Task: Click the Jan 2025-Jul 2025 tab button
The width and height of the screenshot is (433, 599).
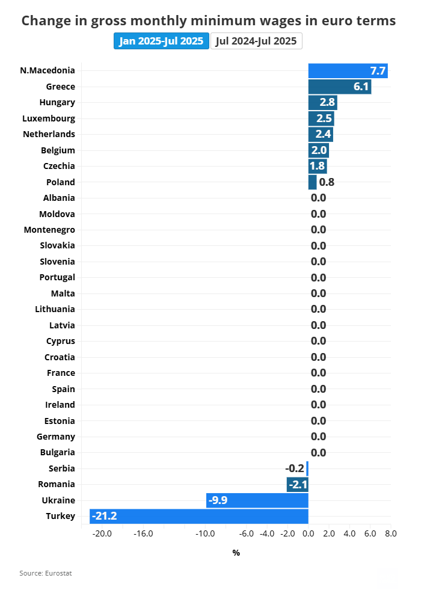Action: point(161,41)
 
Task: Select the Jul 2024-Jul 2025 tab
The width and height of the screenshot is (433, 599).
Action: point(256,41)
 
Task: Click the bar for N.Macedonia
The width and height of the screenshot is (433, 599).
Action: point(348,70)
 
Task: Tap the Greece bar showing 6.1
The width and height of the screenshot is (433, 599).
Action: point(339,87)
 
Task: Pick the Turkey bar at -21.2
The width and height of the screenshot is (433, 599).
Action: point(199,516)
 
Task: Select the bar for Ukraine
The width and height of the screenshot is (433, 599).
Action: point(257,500)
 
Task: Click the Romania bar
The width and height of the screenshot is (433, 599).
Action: point(297,484)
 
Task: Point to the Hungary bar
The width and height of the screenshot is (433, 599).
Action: point(322,102)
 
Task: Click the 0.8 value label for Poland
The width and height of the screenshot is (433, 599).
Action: point(327,182)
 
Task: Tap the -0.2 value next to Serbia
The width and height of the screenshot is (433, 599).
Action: point(295,468)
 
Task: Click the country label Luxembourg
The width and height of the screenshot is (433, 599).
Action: point(49,118)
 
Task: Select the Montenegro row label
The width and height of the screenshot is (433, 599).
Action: point(49,230)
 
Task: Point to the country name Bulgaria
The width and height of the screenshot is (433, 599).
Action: point(57,452)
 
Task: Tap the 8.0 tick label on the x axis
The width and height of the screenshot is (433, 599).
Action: point(391,533)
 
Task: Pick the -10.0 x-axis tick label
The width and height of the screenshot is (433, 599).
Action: point(204,533)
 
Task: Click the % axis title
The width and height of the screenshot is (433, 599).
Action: point(236,553)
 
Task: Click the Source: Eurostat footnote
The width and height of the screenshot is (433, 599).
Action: point(45,573)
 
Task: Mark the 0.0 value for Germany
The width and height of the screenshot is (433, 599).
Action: point(319,437)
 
